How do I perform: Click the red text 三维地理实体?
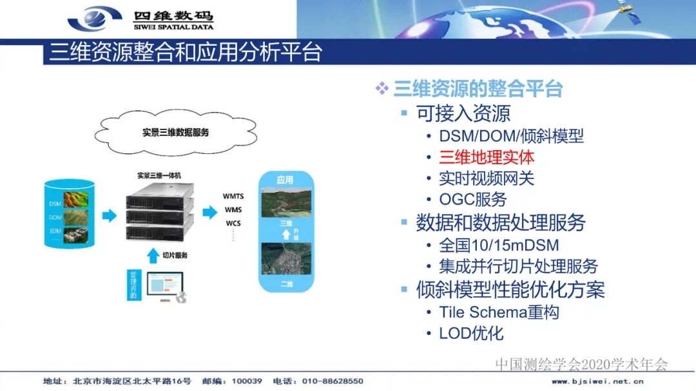[x=487, y=157]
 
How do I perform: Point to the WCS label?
[x=233, y=224]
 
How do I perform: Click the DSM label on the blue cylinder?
[x=55, y=204]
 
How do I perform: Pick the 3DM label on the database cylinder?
[x=55, y=231]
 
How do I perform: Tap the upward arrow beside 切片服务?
[x=152, y=256]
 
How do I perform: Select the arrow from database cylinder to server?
[x=110, y=215]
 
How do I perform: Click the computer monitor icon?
[x=164, y=285]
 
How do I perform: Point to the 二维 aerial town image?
[x=285, y=258]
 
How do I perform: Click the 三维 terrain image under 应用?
[x=285, y=202]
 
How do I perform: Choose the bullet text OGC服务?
[x=473, y=200]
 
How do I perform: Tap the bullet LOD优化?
[x=471, y=334]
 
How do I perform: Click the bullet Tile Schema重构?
[x=499, y=312]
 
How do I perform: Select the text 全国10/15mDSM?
[x=499, y=245]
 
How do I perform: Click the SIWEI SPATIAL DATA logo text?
[x=173, y=28]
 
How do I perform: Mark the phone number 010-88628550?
[x=333, y=381]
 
